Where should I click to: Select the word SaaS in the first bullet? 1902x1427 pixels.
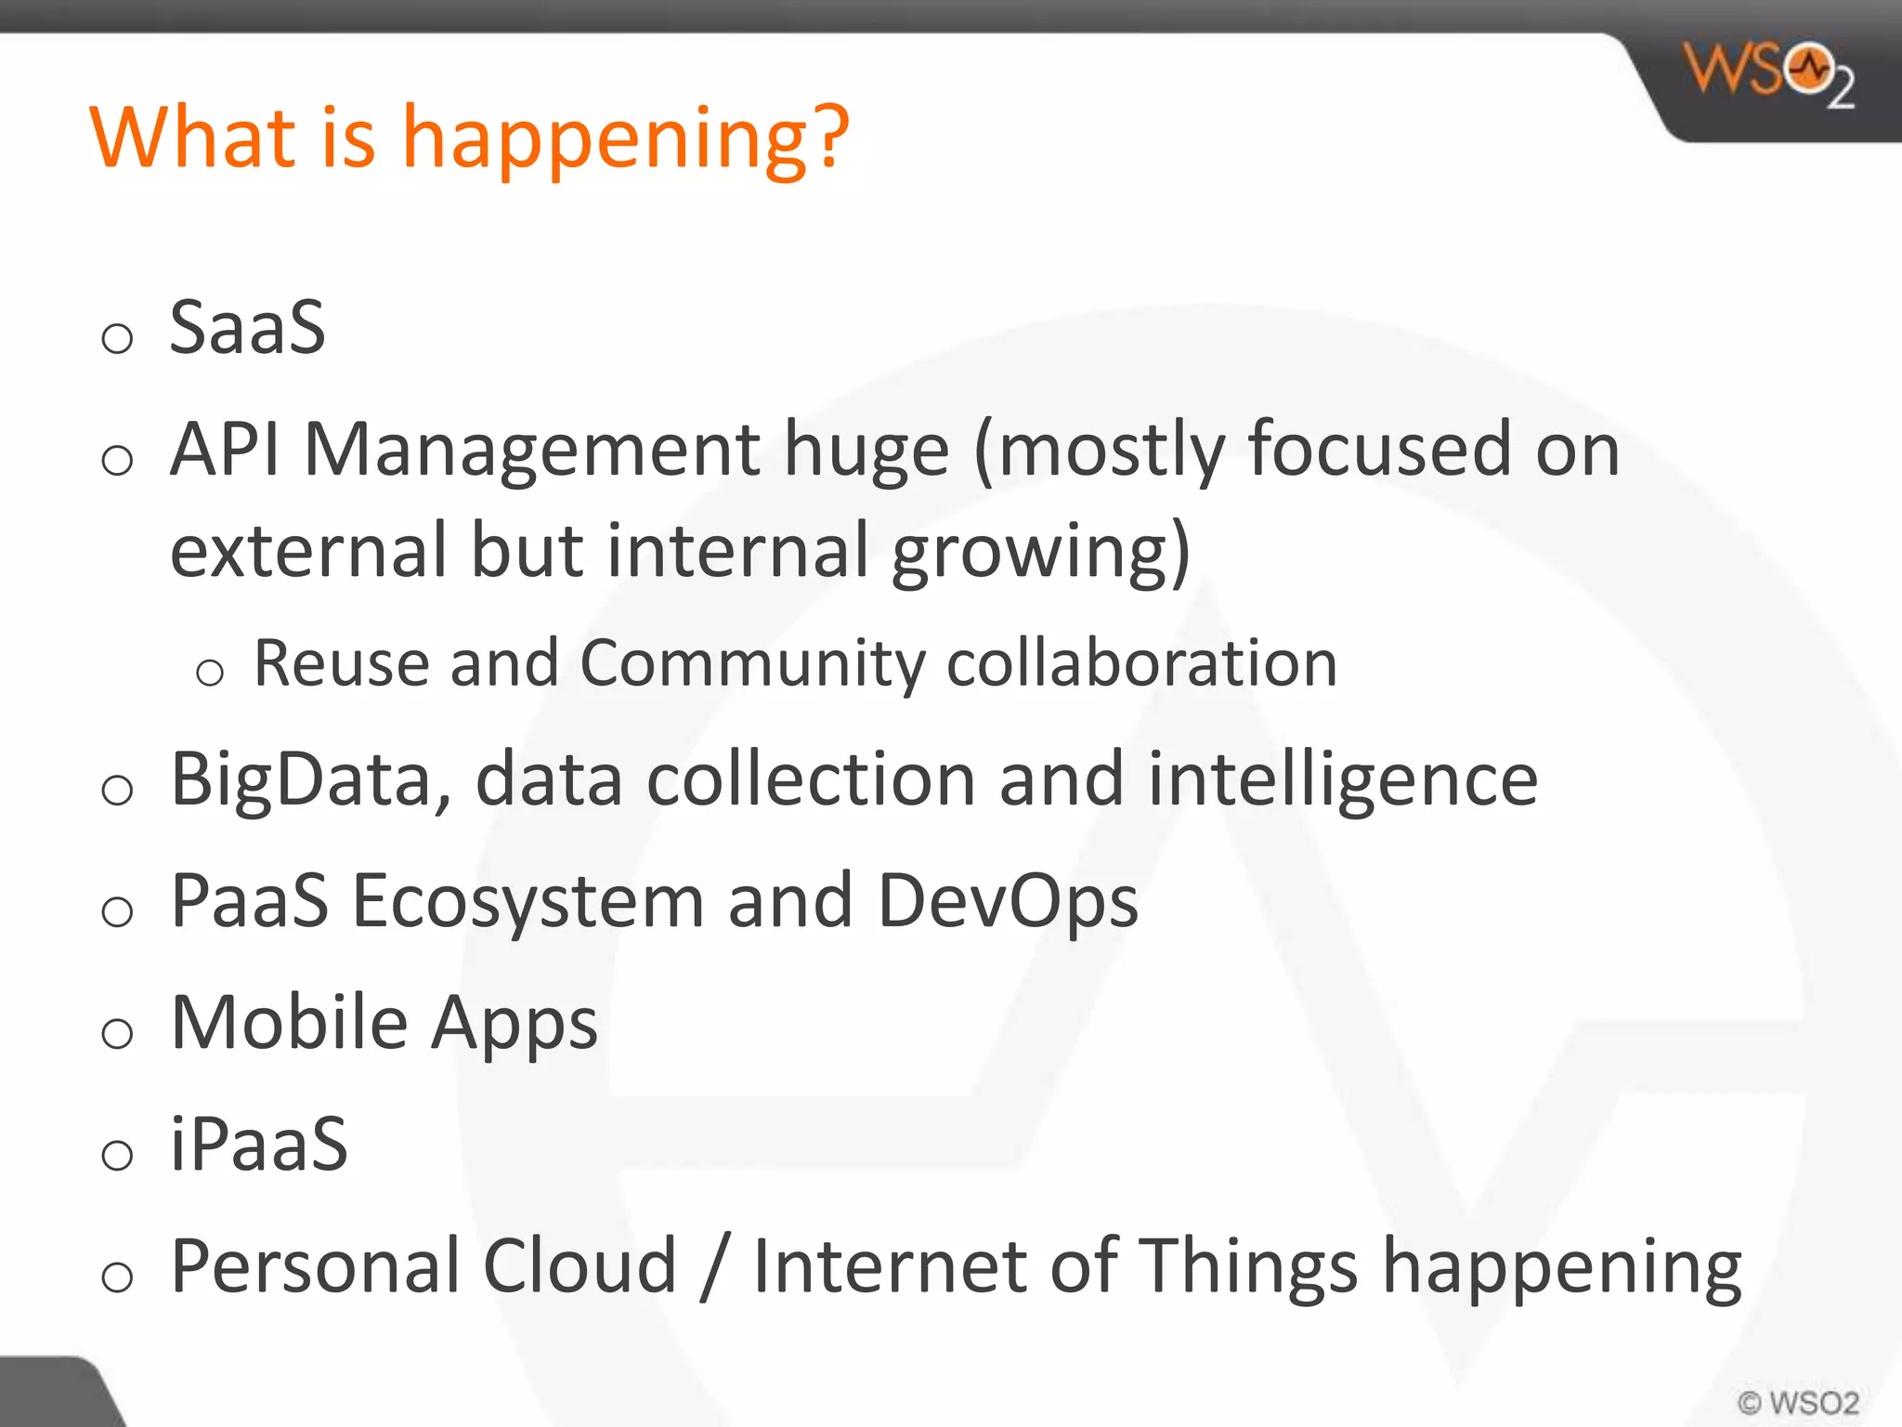click(247, 328)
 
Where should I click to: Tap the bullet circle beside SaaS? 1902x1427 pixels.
click(117, 338)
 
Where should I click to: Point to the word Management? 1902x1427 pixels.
click(533, 450)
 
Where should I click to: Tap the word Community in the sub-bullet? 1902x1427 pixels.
click(752, 665)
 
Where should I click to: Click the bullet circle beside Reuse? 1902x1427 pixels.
click(210, 673)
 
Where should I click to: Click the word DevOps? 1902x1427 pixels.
click(1008, 901)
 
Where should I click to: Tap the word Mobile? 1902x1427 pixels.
click(289, 1022)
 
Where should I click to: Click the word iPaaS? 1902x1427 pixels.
click(259, 1144)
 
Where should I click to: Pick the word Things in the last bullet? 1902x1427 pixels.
click(1247, 1267)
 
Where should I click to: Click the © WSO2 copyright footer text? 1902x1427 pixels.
click(1798, 1402)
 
